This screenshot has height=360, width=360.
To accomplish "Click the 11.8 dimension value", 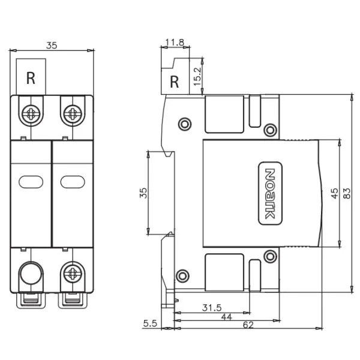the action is click(x=175, y=43).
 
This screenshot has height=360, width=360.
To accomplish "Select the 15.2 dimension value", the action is click(x=197, y=76).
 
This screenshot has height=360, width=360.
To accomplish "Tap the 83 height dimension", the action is click(x=347, y=193).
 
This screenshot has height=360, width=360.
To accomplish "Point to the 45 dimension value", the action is click(x=335, y=193).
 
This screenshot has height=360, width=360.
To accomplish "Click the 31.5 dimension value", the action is click(x=212, y=308).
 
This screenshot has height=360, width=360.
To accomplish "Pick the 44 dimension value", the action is click(x=227, y=317).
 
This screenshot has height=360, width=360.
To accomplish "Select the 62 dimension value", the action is click(x=248, y=325).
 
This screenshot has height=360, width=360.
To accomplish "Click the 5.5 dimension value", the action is click(x=150, y=323).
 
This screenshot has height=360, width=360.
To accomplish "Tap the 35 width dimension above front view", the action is click(x=52, y=46).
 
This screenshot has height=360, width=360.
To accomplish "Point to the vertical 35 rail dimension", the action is click(x=143, y=193).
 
